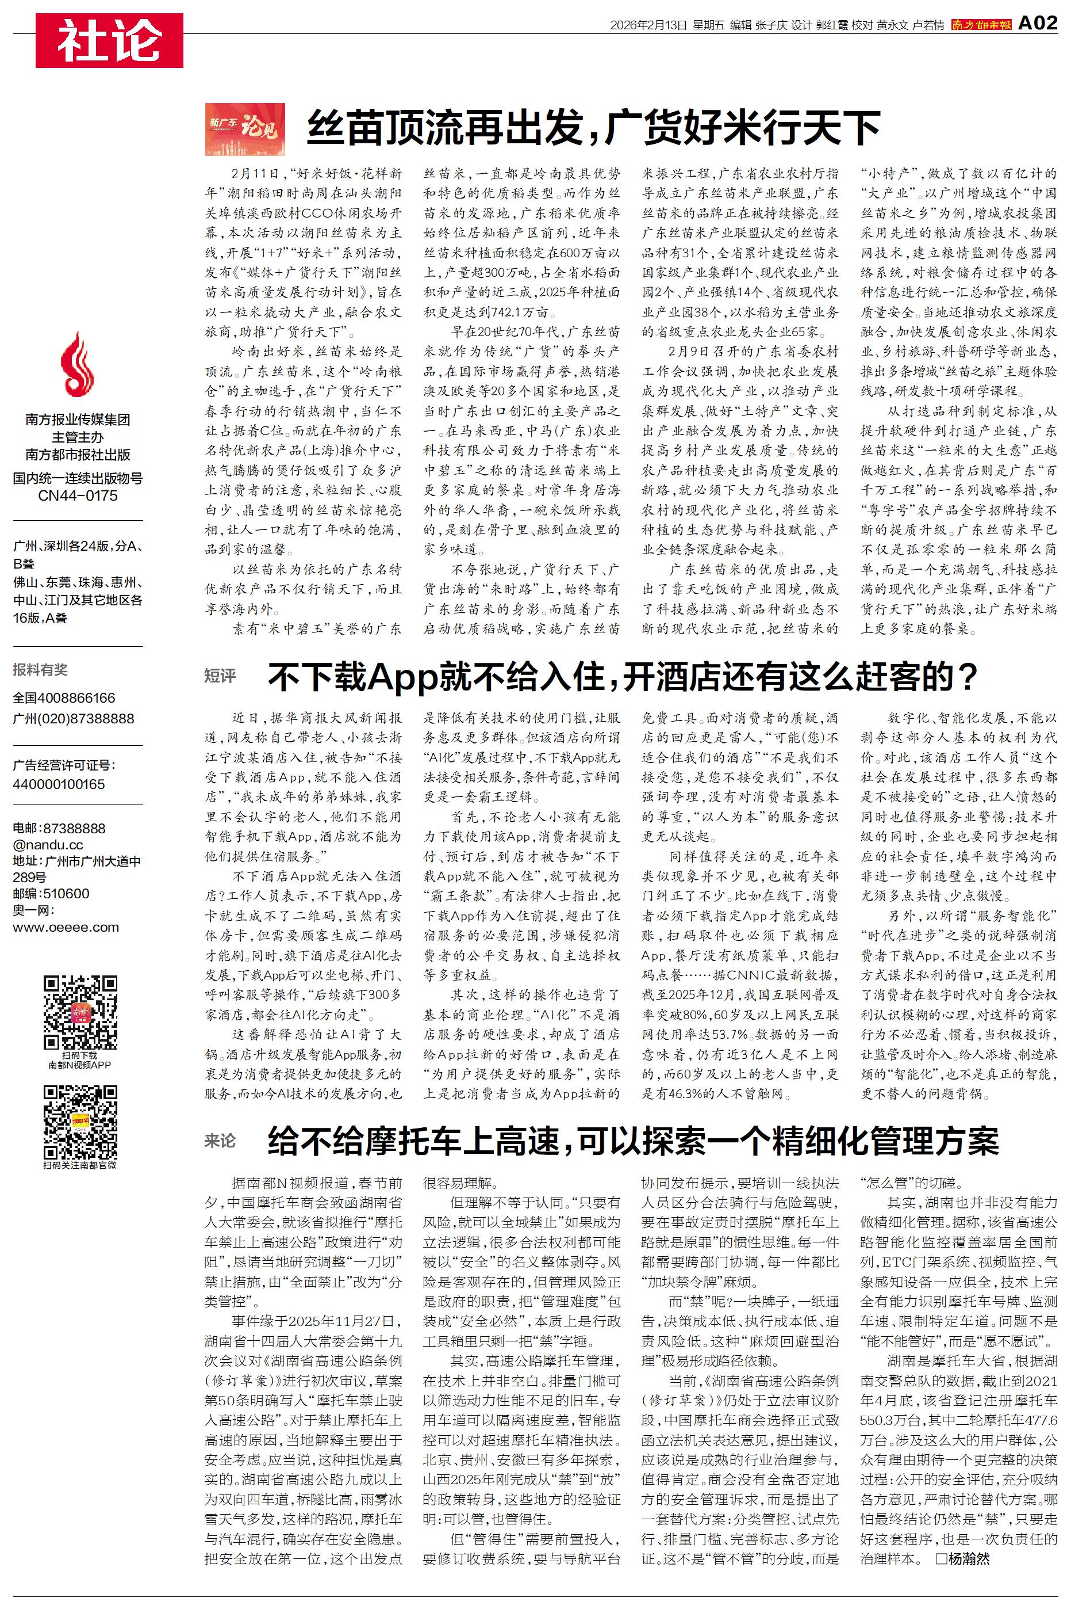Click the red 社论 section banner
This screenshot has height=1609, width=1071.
(109, 40)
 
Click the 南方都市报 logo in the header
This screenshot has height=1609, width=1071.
(981, 25)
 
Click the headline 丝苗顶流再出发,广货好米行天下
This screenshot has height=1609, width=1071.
(593, 128)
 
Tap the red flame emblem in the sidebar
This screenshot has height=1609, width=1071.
(77, 365)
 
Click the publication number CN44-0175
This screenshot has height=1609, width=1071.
(77, 495)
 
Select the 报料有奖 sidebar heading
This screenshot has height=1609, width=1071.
(40, 670)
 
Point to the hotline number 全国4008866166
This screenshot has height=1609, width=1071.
(64, 698)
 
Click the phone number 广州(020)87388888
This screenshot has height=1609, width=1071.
(73, 718)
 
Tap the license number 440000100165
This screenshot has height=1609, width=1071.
(59, 784)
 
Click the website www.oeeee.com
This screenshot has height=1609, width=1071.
(66, 928)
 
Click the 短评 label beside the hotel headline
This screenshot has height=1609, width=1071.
(220, 676)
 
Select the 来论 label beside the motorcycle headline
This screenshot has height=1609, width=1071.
(220, 1141)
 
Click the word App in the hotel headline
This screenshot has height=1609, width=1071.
(402, 677)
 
